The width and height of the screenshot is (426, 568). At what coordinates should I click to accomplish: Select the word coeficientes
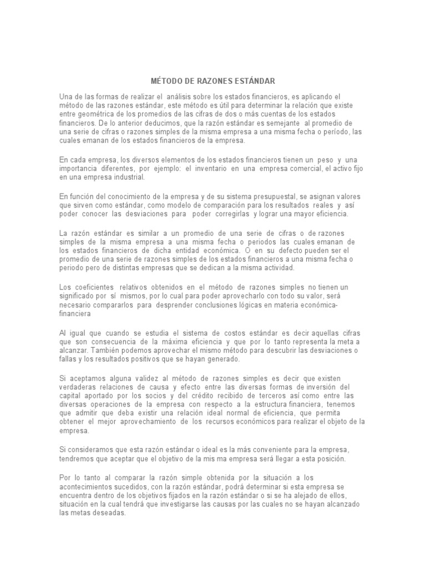point(90,287)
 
